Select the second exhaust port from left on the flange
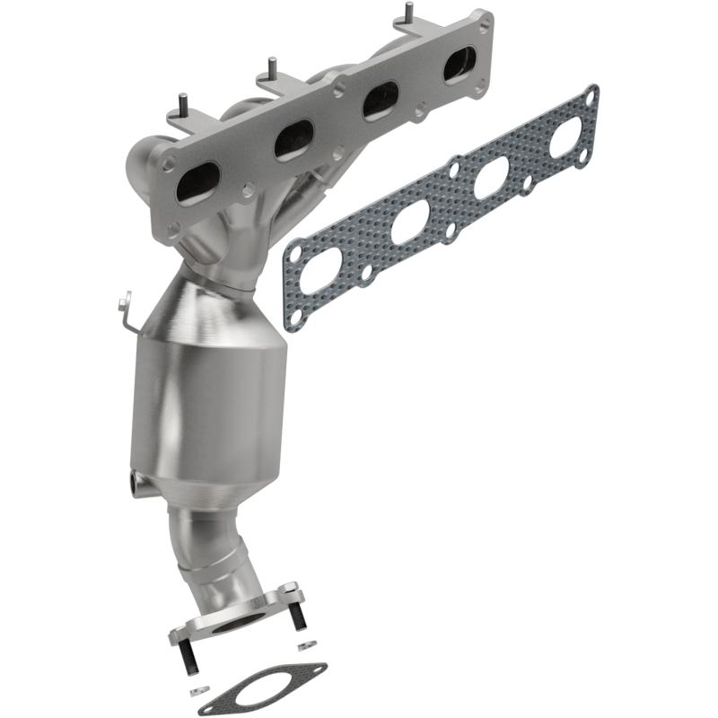pos(294,139)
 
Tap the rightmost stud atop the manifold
pos(408,13)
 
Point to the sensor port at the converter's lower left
pos(136,484)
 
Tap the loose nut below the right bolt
pos(303,647)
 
